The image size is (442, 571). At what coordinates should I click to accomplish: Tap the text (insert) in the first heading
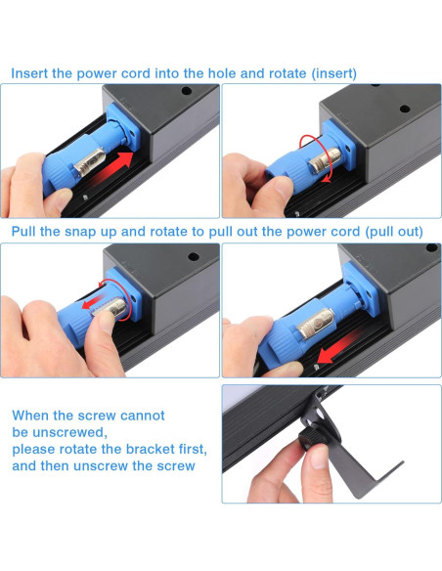(x=333, y=74)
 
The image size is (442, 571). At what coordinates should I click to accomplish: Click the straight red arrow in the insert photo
(x=111, y=166)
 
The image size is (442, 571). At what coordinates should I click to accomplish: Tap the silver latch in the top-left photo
(x=90, y=162)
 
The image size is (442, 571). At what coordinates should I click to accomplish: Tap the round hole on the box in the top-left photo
(x=187, y=90)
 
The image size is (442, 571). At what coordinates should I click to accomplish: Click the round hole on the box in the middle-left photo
(x=194, y=256)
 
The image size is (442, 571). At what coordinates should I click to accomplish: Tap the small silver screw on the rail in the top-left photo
(x=85, y=198)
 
